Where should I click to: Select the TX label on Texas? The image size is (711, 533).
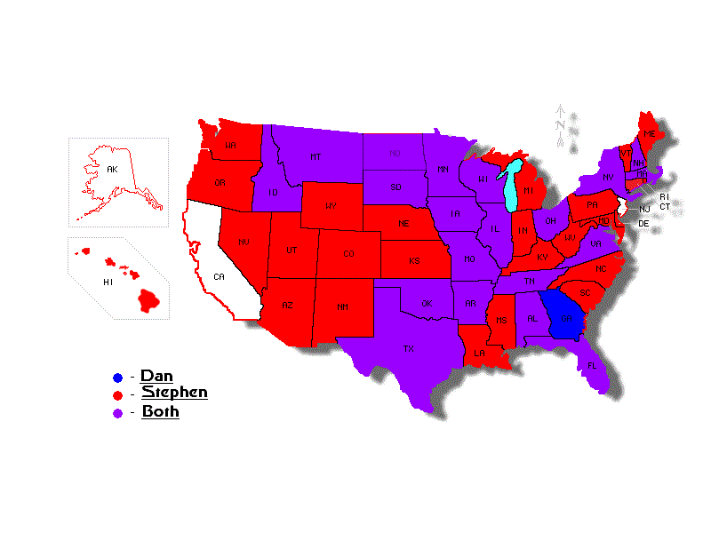[409, 348]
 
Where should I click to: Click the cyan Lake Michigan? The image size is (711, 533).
[511, 187]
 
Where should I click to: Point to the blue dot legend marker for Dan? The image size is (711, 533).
[117, 377]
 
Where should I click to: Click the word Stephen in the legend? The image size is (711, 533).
[174, 393]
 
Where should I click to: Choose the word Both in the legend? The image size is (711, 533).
[160, 411]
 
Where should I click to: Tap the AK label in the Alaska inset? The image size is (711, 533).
[112, 168]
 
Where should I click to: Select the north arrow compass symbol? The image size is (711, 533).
[561, 124]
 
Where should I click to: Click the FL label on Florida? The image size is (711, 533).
[592, 364]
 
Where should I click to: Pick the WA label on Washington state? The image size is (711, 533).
[230, 145]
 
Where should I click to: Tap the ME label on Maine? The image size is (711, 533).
[649, 133]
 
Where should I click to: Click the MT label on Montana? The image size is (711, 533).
[316, 156]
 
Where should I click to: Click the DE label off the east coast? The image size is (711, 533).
[643, 224]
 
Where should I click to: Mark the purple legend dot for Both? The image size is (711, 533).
[117, 412]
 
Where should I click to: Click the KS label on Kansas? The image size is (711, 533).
[414, 262]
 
